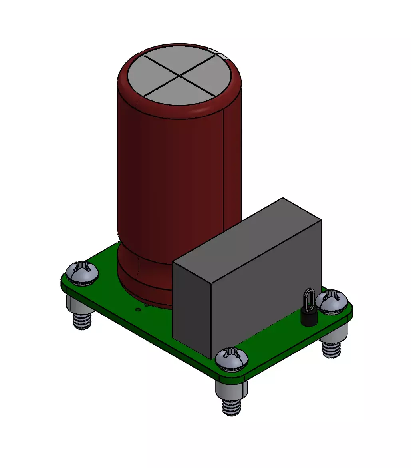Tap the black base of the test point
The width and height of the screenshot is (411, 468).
[x=309, y=318]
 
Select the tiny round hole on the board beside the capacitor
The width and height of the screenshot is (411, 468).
[x=138, y=309]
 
